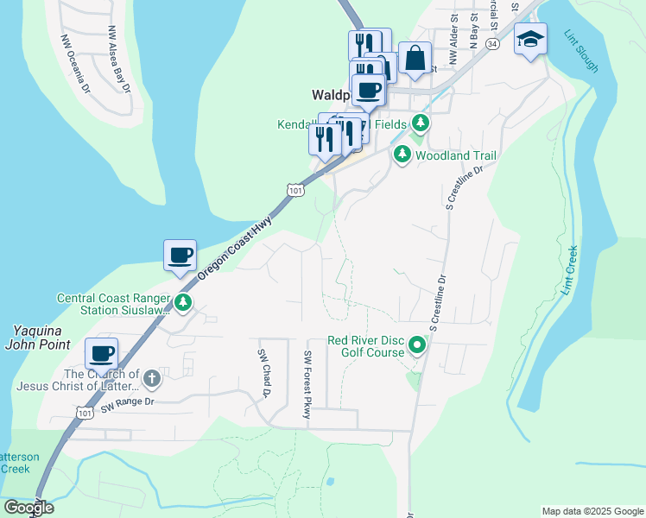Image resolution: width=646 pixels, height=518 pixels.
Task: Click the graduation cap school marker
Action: [530, 39]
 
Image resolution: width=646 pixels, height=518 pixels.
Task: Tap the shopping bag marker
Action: [415, 58]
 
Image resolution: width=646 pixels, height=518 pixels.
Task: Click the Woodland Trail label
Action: [456, 156]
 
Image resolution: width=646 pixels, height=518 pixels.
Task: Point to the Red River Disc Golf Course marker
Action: [417, 346]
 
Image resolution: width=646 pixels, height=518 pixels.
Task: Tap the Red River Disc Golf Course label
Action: [366, 346]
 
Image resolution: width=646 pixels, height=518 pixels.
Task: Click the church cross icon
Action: [151, 378]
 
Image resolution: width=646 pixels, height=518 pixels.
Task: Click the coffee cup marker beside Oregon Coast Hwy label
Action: [180, 256]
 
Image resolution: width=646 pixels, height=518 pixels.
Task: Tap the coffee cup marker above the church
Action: [101, 354]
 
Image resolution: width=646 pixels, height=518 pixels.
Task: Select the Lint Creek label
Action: [569, 271]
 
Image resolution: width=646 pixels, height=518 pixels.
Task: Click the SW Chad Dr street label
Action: [265, 372]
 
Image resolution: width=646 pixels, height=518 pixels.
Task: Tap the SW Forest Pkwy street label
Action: [307, 385]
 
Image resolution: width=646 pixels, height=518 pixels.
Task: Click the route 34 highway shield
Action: [492, 42]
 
